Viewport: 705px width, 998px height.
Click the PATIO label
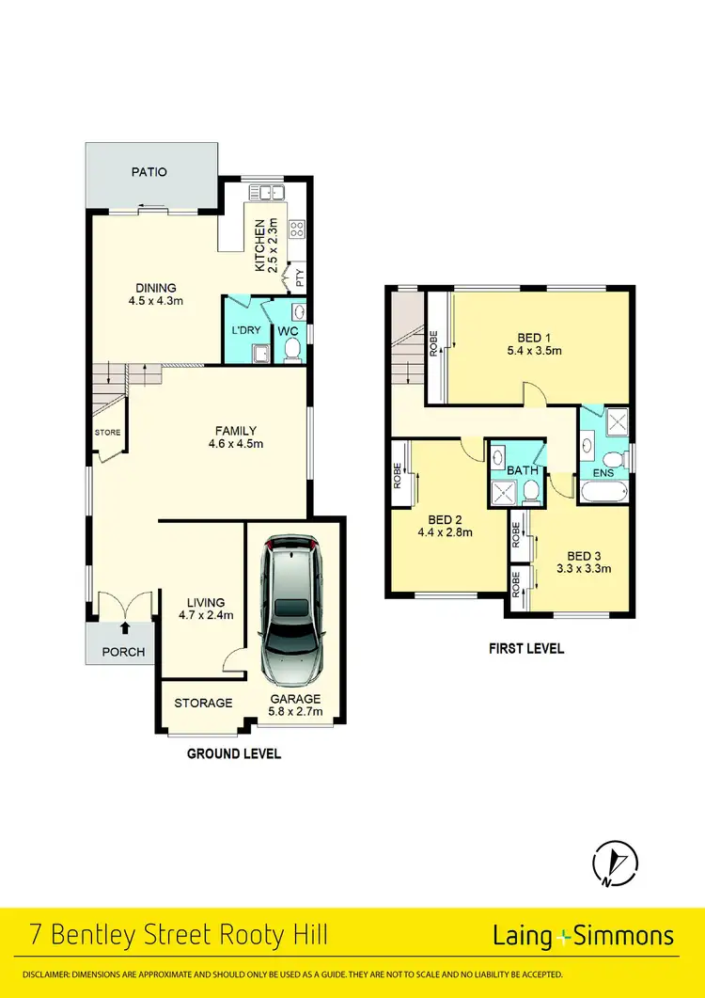click(x=149, y=172)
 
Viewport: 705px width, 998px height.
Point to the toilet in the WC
click(x=291, y=350)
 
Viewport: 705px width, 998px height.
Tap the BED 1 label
click(x=535, y=338)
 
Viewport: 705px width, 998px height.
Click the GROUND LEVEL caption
click(x=233, y=753)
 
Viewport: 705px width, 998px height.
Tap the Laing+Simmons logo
click(x=583, y=935)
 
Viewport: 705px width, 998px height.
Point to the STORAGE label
click(x=203, y=703)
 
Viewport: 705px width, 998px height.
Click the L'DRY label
click(x=244, y=330)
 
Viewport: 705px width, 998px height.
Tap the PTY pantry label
click(x=300, y=277)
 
